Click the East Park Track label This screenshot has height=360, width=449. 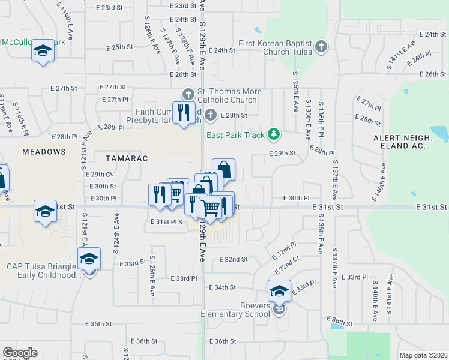235,135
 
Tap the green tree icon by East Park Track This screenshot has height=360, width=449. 274,134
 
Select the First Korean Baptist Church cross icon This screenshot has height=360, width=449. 321,47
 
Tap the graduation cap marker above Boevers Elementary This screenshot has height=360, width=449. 279,291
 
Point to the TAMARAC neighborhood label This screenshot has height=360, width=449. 126,158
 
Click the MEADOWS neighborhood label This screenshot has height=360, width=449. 44,152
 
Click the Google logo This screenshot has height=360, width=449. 19,353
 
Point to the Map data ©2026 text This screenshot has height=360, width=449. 423,355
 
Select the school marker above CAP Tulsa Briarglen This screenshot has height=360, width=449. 89,258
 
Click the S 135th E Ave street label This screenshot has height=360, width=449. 295,93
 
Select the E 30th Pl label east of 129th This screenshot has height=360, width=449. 296,198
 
